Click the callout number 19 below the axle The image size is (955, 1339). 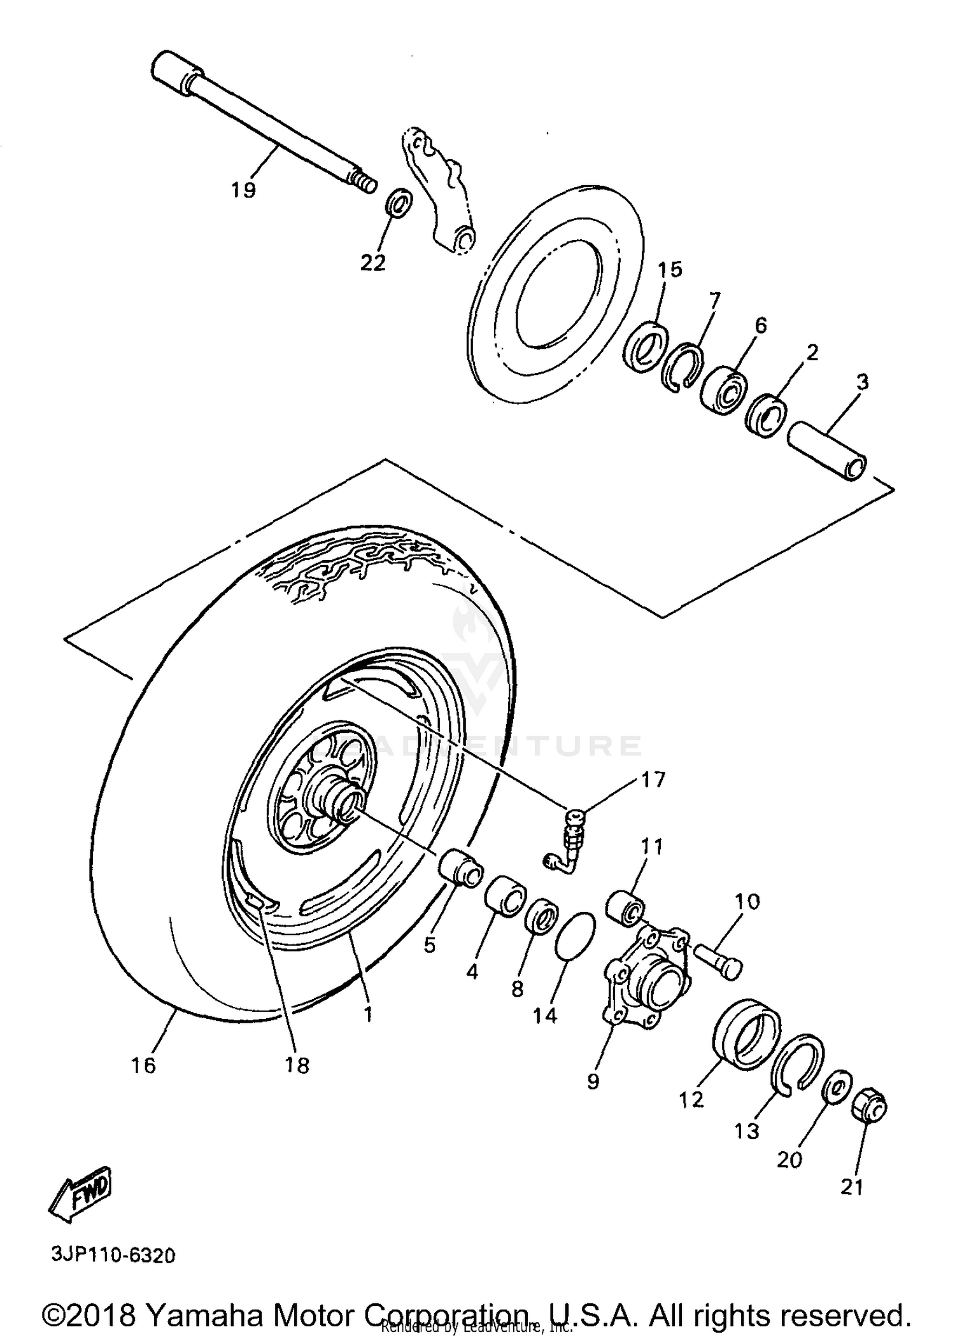(x=244, y=189)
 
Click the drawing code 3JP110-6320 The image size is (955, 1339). (x=113, y=1256)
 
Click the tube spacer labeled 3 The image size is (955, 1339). (x=827, y=454)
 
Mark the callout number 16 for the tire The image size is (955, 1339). (x=144, y=1065)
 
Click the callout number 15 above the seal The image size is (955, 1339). (x=670, y=270)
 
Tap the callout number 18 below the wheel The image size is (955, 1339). (x=297, y=1065)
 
